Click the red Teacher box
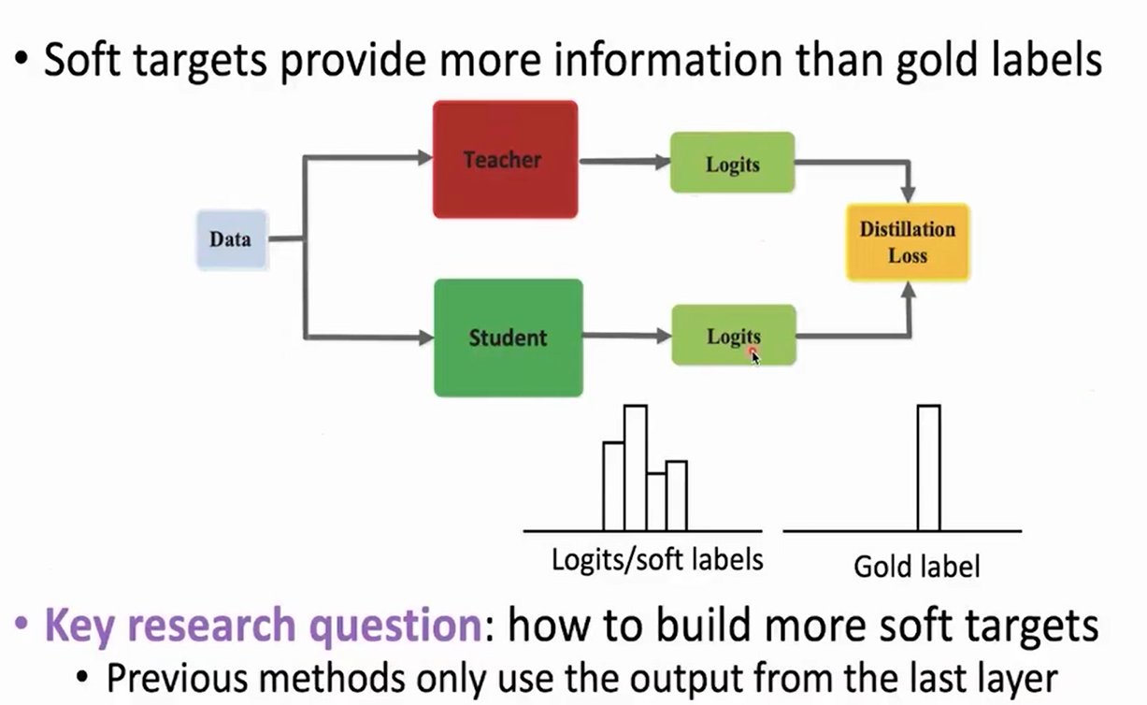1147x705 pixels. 505,159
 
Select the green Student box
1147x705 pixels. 508,338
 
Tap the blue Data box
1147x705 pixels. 231,239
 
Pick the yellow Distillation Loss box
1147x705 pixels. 908,242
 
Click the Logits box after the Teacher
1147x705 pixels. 732,164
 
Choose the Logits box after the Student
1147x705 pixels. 733,335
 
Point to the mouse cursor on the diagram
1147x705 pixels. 754,355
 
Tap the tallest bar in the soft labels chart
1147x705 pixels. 636,468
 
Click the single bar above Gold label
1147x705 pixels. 928,468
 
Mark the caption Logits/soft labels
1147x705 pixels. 657,559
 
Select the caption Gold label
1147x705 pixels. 917,567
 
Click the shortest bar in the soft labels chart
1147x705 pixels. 656,502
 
